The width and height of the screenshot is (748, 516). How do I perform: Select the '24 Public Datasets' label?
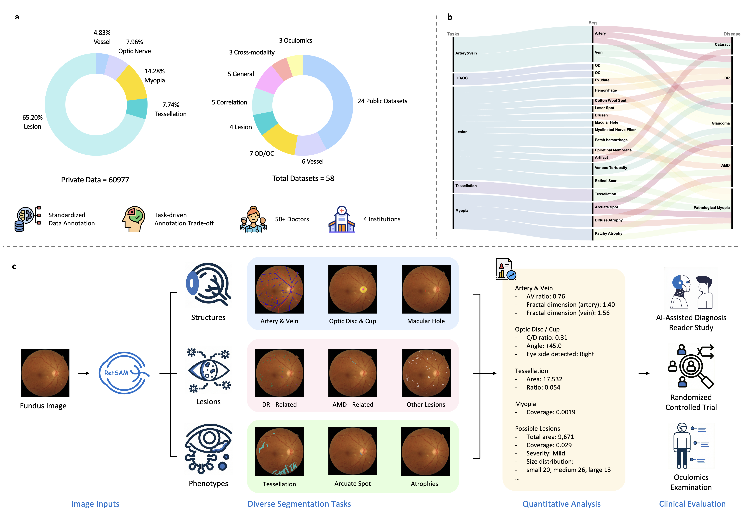click(382, 101)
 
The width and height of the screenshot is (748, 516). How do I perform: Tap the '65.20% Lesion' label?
click(32, 122)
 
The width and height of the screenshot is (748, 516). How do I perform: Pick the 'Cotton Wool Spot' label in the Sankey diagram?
click(610, 101)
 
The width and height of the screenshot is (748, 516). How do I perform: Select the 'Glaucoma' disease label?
click(721, 123)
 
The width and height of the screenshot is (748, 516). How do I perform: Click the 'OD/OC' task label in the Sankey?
click(461, 78)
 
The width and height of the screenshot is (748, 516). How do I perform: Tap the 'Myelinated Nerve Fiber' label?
click(615, 130)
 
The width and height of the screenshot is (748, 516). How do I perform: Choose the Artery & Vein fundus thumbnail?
click(279, 289)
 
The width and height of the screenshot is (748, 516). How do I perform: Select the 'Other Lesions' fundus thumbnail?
click(426, 373)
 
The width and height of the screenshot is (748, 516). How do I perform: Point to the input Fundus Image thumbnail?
click(45, 373)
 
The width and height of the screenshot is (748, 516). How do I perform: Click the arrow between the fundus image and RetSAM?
click(84, 373)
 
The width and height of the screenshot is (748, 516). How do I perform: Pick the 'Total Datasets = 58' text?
click(303, 178)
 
